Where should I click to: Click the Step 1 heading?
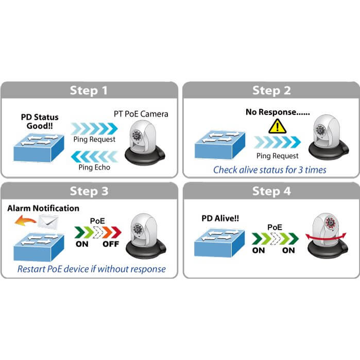[x=90, y=91]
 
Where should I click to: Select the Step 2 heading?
[x=271, y=91]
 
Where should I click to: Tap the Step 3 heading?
[x=90, y=192]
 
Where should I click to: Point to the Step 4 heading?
[x=271, y=192]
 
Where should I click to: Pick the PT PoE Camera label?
[x=141, y=113]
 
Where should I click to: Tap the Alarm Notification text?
[x=43, y=208]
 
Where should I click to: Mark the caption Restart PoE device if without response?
[x=92, y=268]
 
